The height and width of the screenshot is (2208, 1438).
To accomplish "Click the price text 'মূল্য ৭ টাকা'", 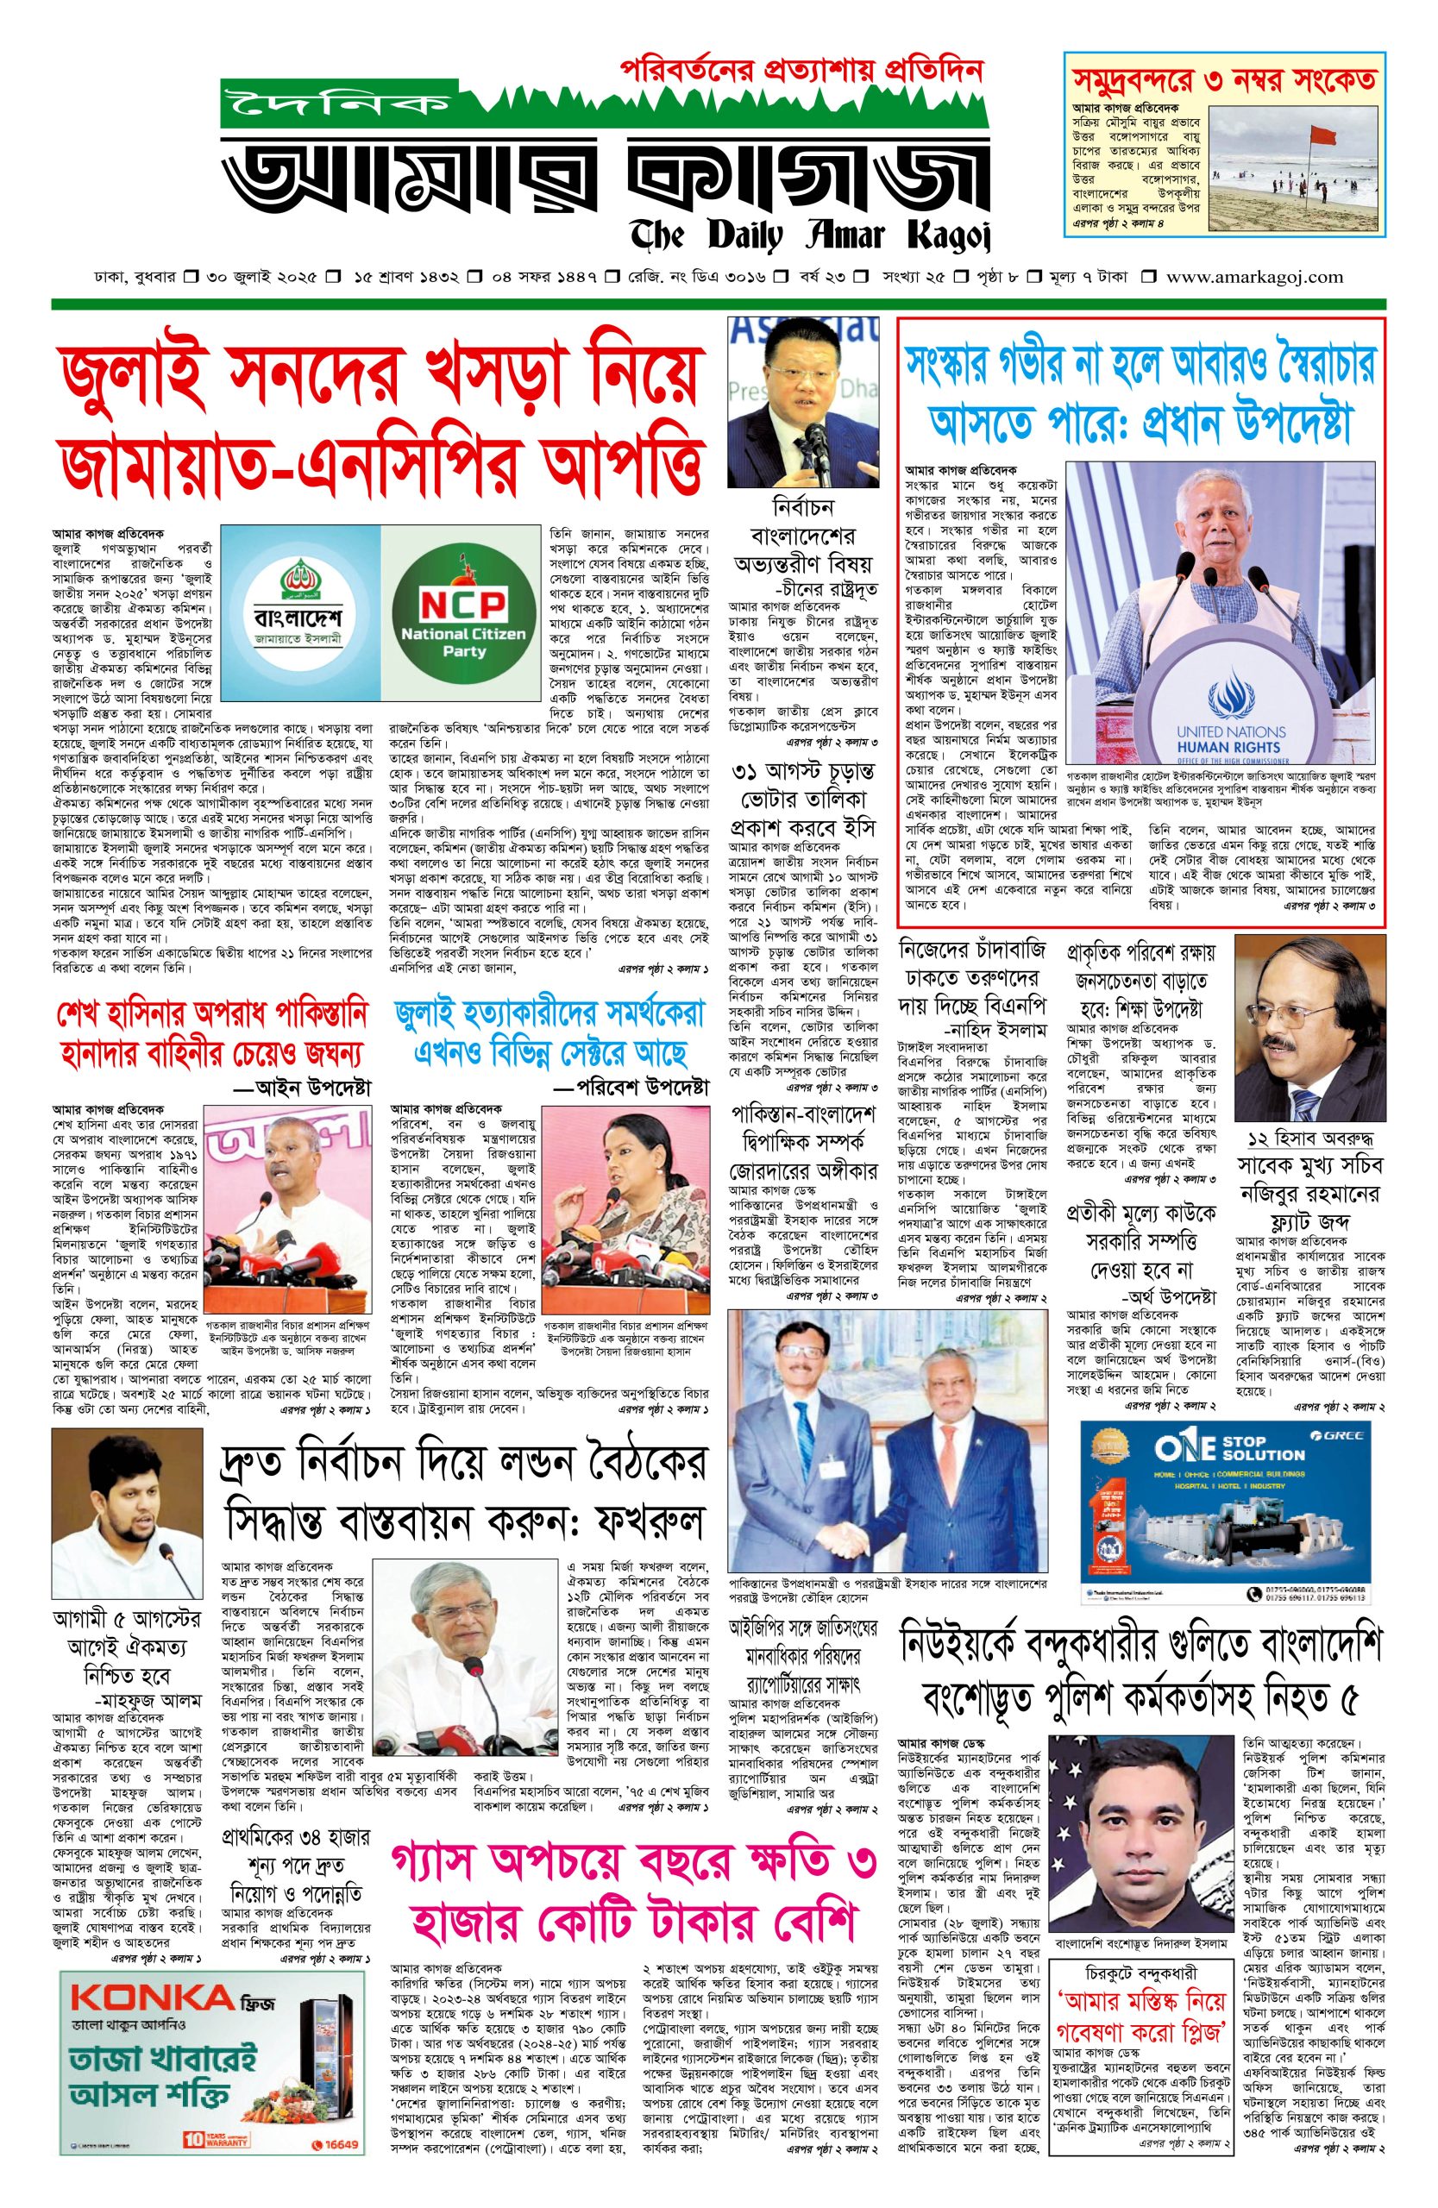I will click(1092, 277).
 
